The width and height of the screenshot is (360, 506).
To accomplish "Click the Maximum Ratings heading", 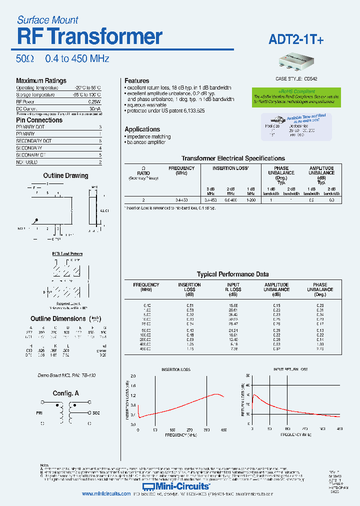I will (x=41, y=80).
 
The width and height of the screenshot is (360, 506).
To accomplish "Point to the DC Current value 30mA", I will (x=95, y=108).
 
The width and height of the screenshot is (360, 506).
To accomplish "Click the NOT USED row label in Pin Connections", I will (x=27, y=162).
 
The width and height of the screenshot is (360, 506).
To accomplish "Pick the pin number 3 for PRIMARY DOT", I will (x=100, y=127).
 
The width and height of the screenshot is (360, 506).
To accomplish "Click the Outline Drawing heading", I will (x=65, y=175).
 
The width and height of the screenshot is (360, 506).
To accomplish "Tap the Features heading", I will (x=136, y=80).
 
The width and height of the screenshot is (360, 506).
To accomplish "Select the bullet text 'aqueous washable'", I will (x=146, y=105).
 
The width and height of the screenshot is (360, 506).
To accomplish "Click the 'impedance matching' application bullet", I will (x=148, y=136).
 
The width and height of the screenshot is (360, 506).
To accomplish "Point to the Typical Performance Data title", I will (x=232, y=274).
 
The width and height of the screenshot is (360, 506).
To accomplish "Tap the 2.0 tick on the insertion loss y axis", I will (x=132, y=376).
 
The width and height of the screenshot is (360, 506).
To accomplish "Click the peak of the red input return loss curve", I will (x=254, y=394).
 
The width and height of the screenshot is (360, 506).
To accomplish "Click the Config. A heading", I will (x=66, y=393).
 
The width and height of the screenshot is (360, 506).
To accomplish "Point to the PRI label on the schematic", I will (x=40, y=413).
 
